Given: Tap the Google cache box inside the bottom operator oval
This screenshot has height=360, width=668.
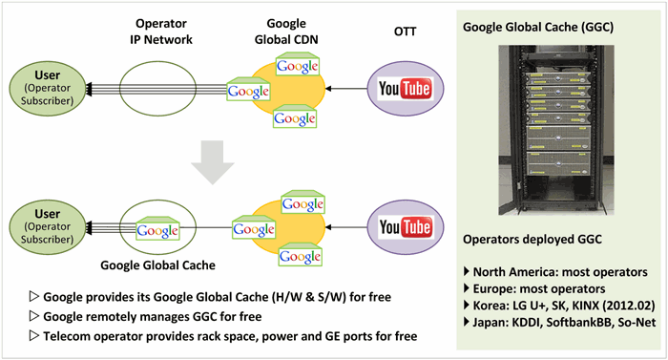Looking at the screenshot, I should [156, 229].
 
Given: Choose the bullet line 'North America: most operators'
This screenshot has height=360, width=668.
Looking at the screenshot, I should [549, 270].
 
